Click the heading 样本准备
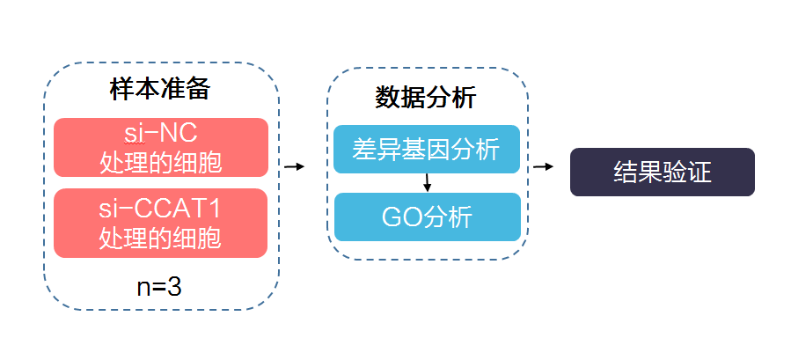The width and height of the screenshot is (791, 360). click(160, 91)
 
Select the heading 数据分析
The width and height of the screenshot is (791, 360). click(426, 98)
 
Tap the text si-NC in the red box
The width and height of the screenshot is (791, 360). click(160, 134)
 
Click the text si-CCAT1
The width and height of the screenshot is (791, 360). click(160, 209)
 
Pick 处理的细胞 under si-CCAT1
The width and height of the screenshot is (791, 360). click(160, 238)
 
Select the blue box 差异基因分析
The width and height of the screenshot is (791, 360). click(427, 150)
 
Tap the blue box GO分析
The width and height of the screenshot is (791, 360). click(427, 217)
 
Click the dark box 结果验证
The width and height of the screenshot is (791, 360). click(663, 172)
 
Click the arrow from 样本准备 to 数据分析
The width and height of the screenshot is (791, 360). click(294, 166)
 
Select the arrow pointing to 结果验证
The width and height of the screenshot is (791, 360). click(544, 166)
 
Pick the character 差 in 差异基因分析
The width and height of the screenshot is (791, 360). click(364, 150)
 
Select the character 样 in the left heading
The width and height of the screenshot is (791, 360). click(122, 91)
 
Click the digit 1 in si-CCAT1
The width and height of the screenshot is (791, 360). click(215, 209)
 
